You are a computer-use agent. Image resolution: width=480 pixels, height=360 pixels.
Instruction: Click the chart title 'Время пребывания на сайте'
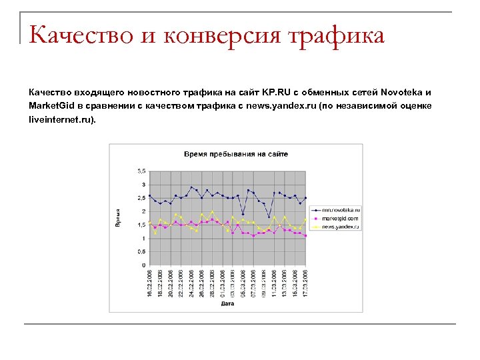point(236,154)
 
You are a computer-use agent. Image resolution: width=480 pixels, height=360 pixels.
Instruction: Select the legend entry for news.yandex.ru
point(341,227)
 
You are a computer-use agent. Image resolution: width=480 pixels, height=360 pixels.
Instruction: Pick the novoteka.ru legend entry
point(341,209)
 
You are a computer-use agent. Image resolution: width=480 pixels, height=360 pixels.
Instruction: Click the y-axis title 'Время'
point(118,217)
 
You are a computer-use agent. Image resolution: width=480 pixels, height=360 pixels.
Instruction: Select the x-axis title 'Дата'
point(227,305)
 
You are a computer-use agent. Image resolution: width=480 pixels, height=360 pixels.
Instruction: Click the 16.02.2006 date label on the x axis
point(150,283)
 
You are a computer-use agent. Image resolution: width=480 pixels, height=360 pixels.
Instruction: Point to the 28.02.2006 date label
point(213,283)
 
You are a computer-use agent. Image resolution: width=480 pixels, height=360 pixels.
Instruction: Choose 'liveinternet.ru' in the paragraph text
point(61,119)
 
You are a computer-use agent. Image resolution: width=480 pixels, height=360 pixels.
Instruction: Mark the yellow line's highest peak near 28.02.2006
point(212,212)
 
